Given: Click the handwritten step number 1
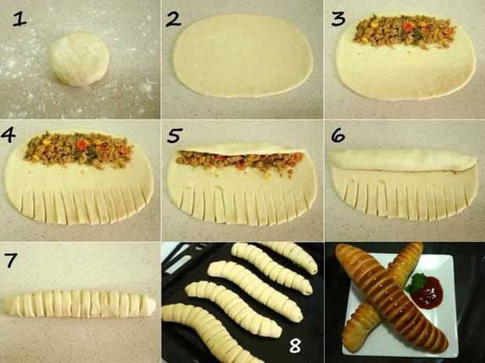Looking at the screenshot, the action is coord(20,20).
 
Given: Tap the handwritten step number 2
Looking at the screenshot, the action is coord(173,20).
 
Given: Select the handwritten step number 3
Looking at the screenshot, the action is coord(338,20).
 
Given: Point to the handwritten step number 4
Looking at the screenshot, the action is coord(9,135).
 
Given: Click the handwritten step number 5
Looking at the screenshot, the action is coord(174,135).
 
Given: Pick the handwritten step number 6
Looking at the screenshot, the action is coord(338,135).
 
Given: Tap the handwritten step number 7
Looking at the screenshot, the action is coord(11,261).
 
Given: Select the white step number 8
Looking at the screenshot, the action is coord(295,345).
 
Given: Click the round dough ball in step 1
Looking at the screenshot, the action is coord(80,58).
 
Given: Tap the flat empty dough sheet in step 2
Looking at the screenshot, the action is coord(242,56).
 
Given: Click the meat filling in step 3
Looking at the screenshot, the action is coord(404,31).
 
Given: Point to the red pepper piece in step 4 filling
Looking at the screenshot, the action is coord(82,145).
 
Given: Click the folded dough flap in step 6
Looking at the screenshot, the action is coord(404,160).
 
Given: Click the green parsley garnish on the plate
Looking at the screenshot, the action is coord(415,282).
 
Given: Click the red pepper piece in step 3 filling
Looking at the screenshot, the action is coord(408,27).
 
